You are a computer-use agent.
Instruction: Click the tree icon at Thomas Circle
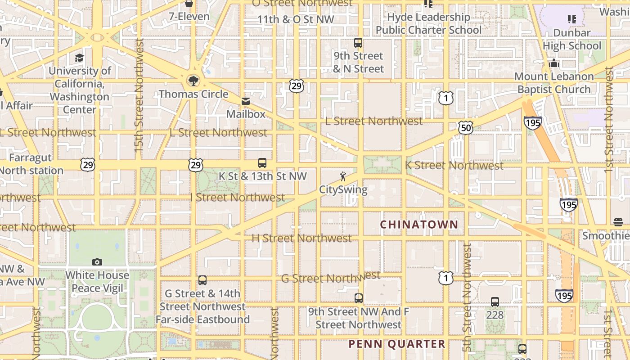click(193, 81)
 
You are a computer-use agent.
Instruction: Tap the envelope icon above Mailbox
click(246, 101)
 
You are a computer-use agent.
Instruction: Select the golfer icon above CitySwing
click(343, 176)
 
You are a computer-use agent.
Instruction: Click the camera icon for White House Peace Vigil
click(97, 262)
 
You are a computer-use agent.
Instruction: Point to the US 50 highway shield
click(466, 128)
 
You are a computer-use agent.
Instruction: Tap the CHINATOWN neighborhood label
click(419, 224)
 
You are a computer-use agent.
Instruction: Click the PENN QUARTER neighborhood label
click(397, 344)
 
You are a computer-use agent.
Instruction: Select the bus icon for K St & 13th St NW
click(262, 163)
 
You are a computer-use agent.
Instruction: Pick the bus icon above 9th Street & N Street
click(358, 43)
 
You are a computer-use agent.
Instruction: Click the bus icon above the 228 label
click(495, 302)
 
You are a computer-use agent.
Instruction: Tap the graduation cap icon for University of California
click(80, 58)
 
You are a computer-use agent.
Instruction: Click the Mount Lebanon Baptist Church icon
click(554, 63)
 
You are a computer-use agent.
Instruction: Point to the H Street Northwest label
click(301, 238)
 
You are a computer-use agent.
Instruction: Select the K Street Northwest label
click(454, 166)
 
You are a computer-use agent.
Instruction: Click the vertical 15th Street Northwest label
click(139, 94)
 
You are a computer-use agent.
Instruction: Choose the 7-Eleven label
click(189, 17)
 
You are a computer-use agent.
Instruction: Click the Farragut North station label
click(31, 164)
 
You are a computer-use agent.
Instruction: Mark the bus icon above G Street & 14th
click(202, 280)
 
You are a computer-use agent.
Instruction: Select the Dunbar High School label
click(571, 39)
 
